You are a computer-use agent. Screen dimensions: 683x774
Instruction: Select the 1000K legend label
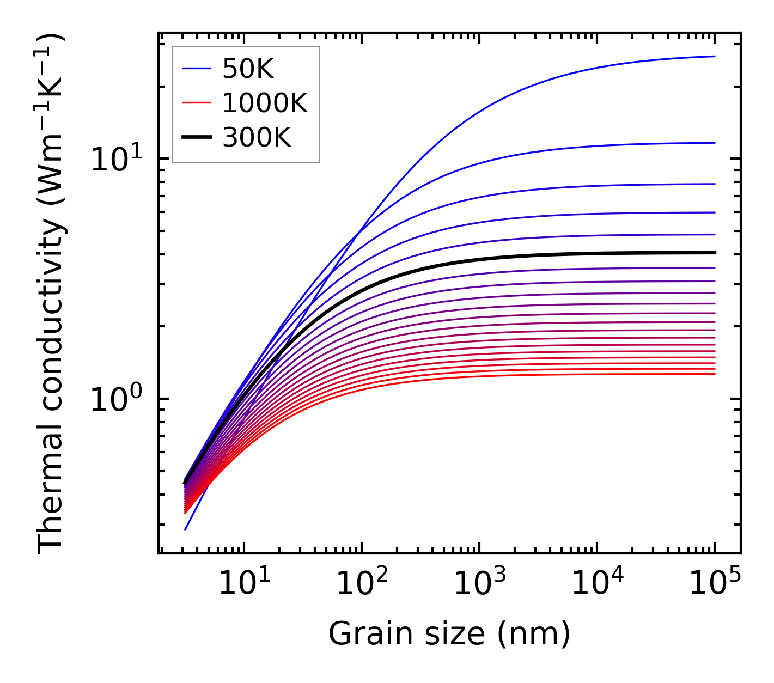click(265, 103)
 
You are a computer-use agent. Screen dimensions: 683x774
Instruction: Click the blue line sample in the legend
click(196, 69)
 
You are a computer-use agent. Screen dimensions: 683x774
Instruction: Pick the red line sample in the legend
click(196, 103)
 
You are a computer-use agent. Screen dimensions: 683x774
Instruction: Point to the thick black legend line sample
click(196, 138)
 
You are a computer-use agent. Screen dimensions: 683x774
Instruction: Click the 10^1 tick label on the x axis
click(243, 584)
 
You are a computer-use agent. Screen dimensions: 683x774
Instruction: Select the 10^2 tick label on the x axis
click(362, 584)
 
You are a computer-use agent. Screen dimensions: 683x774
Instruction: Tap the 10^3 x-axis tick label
click(479, 584)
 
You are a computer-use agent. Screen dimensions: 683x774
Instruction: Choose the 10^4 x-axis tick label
click(597, 584)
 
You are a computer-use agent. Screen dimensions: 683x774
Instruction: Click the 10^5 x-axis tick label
click(715, 584)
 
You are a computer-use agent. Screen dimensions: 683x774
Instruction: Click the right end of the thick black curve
click(714, 253)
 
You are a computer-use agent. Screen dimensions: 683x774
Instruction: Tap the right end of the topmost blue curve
click(714, 56)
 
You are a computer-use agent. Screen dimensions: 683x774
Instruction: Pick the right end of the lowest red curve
click(714, 374)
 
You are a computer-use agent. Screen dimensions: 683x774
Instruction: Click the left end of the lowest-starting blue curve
click(186, 529)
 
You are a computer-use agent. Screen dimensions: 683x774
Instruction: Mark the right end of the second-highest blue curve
click(714, 143)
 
